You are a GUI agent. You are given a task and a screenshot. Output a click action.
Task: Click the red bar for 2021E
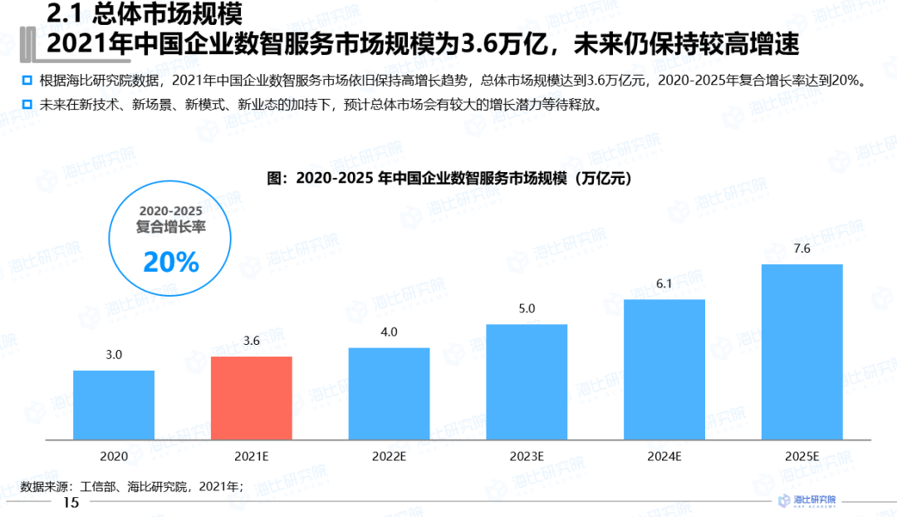tap(251, 398)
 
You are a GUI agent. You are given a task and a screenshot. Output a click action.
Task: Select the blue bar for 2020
tap(114, 405)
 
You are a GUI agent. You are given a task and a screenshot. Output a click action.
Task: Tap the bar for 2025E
tap(802, 352)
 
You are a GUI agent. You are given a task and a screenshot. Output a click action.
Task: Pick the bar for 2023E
tap(527, 382)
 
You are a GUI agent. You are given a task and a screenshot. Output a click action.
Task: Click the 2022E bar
tap(389, 393)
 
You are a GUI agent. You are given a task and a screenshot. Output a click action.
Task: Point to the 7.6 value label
tap(802, 249)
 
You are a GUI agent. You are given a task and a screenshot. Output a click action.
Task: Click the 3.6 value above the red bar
tap(251, 341)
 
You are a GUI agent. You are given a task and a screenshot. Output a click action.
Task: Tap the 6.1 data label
tap(664, 284)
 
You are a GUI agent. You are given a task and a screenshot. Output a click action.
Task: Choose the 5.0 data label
tap(527, 308)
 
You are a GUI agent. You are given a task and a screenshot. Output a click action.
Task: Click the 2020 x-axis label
tap(114, 455)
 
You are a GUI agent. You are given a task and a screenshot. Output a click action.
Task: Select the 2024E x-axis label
tap(664, 455)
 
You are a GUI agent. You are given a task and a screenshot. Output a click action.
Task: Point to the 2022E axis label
tap(389, 455)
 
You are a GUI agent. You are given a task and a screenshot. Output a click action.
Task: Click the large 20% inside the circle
tap(170, 262)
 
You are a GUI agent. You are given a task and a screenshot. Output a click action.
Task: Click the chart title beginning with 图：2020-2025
tap(448, 178)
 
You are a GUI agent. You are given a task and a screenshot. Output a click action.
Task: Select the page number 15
tap(71, 503)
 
